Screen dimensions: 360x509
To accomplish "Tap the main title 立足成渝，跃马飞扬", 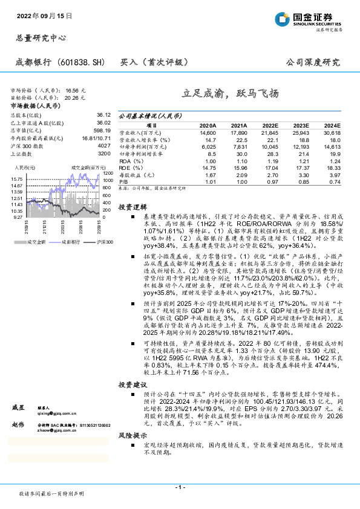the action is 231,94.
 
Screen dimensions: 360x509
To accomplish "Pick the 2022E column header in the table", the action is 268,125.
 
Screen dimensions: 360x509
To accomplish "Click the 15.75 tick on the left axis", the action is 17,180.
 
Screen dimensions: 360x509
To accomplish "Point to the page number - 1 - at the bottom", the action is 180,487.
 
